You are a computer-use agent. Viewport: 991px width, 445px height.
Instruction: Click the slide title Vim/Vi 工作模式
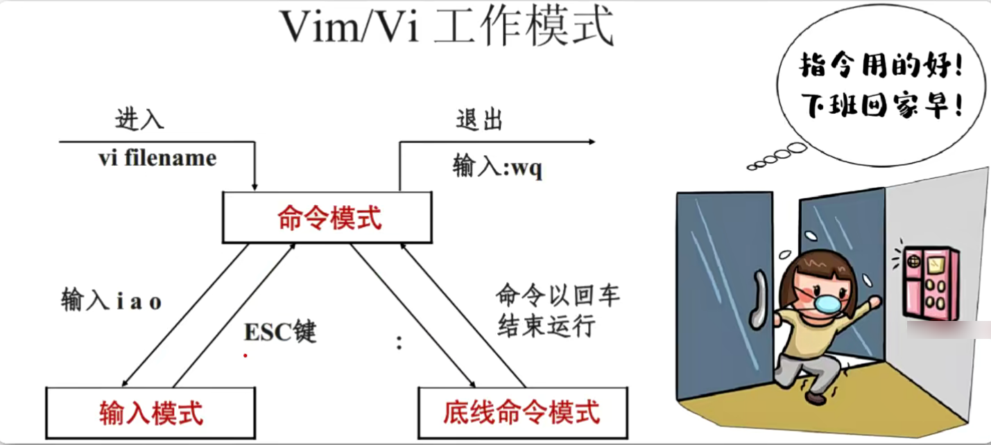(x=447, y=28)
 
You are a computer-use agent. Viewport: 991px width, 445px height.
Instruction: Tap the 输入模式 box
(x=150, y=412)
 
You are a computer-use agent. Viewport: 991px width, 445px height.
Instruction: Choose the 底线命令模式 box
(x=522, y=412)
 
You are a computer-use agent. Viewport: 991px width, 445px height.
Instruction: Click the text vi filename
(x=157, y=159)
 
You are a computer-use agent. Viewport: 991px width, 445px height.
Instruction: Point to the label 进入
(x=139, y=119)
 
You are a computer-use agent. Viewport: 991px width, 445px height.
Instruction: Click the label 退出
(x=479, y=119)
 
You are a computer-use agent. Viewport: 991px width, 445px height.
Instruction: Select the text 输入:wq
(x=497, y=167)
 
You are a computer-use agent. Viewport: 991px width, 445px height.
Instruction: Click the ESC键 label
(x=280, y=332)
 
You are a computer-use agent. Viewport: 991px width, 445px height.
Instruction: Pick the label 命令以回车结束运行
(x=557, y=311)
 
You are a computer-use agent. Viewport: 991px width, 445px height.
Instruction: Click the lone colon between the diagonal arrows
(x=399, y=342)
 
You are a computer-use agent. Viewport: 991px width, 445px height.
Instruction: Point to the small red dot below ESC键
(x=244, y=356)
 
